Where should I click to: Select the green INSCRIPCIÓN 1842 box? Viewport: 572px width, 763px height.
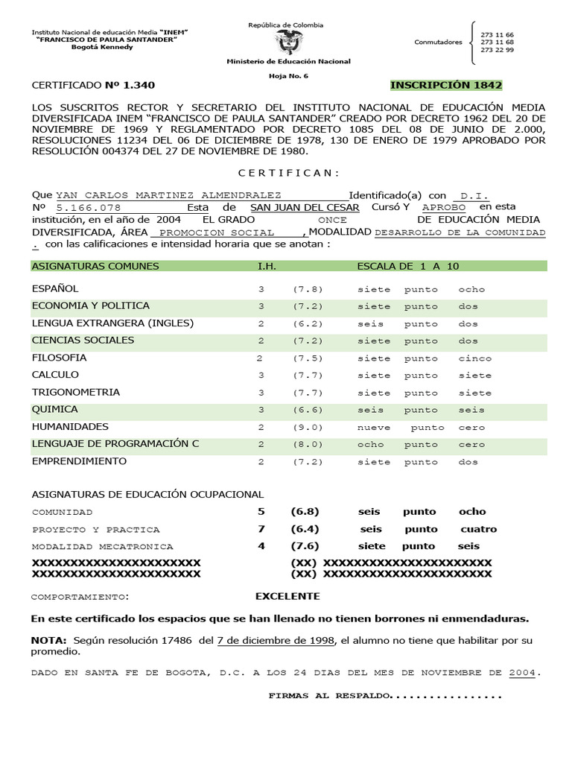point(446,85)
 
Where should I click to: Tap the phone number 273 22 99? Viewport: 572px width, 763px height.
point(498,50)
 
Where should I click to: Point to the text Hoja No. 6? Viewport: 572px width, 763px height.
point(287,77)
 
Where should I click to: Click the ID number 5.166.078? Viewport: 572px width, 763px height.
point(90,208)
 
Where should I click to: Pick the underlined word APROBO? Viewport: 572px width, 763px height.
point(444,207)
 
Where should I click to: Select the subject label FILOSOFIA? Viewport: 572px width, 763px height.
point(60,358)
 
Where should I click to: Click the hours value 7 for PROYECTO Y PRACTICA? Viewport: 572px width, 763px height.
point(261,529)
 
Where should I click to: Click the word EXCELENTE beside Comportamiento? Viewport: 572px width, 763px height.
point(287,596)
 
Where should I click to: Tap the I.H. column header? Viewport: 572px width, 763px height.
point(267,266)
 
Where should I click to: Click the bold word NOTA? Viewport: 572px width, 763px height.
point(49,641)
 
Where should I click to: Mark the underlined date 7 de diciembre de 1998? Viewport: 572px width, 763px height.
point(276,641)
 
